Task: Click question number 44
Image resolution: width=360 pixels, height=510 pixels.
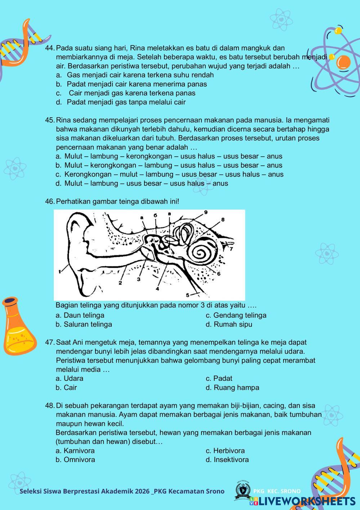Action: (50, 48)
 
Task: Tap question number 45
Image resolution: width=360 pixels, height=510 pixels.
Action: (50, 120)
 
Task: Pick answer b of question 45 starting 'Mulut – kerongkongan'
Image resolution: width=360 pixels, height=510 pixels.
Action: (173, 165)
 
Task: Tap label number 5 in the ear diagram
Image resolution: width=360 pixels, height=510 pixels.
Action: (188, 295)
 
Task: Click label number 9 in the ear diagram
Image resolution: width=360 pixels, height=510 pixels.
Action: (206, 212)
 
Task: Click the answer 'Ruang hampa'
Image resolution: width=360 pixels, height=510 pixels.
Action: (236, 388)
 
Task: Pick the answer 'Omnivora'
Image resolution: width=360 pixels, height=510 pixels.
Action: (79, 459)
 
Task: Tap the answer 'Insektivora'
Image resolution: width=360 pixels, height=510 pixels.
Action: (231, 459)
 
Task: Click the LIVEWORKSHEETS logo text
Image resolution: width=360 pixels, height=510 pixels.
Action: (306, 501)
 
